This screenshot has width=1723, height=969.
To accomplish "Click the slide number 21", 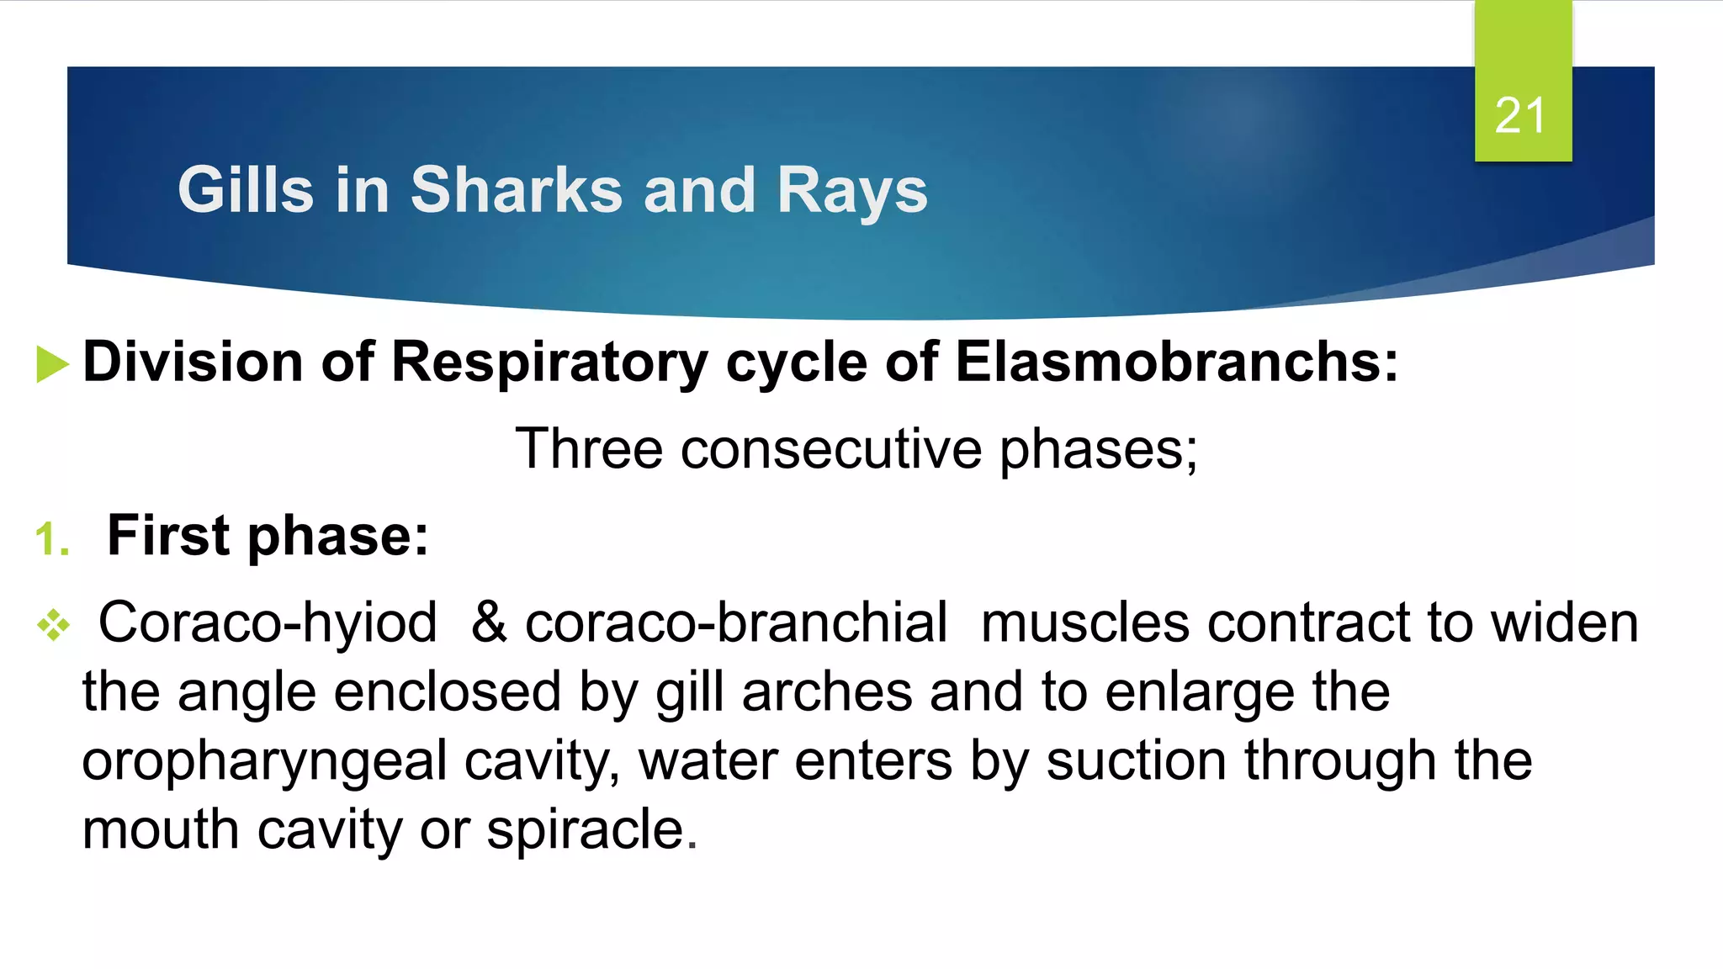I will point(1520,115).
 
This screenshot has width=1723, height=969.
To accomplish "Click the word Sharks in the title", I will point(517,190).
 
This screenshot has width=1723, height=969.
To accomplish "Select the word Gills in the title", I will point(246,190).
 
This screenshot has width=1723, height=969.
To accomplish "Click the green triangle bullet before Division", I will point(52,365).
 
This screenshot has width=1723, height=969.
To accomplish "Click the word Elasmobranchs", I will point(1176,362).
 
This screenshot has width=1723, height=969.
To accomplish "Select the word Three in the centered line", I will point(589,448).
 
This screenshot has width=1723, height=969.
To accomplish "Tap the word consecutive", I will point(830,448).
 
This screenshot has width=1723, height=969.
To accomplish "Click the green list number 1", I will point(51,539).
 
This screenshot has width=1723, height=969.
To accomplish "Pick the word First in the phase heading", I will point(168,535).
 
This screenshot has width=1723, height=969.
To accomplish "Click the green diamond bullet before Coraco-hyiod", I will point(54,625).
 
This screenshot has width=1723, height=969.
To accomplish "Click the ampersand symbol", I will point(489,623).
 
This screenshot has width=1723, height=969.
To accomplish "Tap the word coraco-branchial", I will point(736,623).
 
